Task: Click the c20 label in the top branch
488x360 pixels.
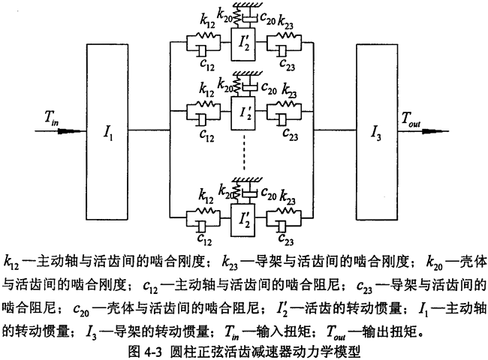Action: click(x=270, y=15)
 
